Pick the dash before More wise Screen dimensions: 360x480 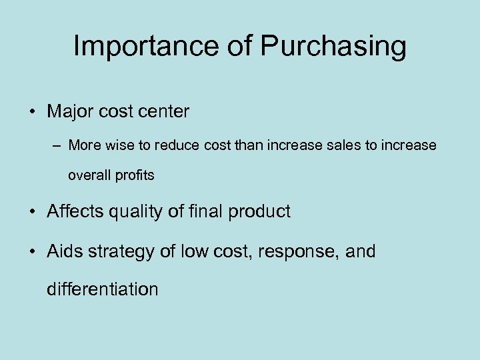click(x=57, y=145)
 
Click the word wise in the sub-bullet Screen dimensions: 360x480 click(x=113, y=145)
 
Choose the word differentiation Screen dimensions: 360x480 click(x=103, y=289)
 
